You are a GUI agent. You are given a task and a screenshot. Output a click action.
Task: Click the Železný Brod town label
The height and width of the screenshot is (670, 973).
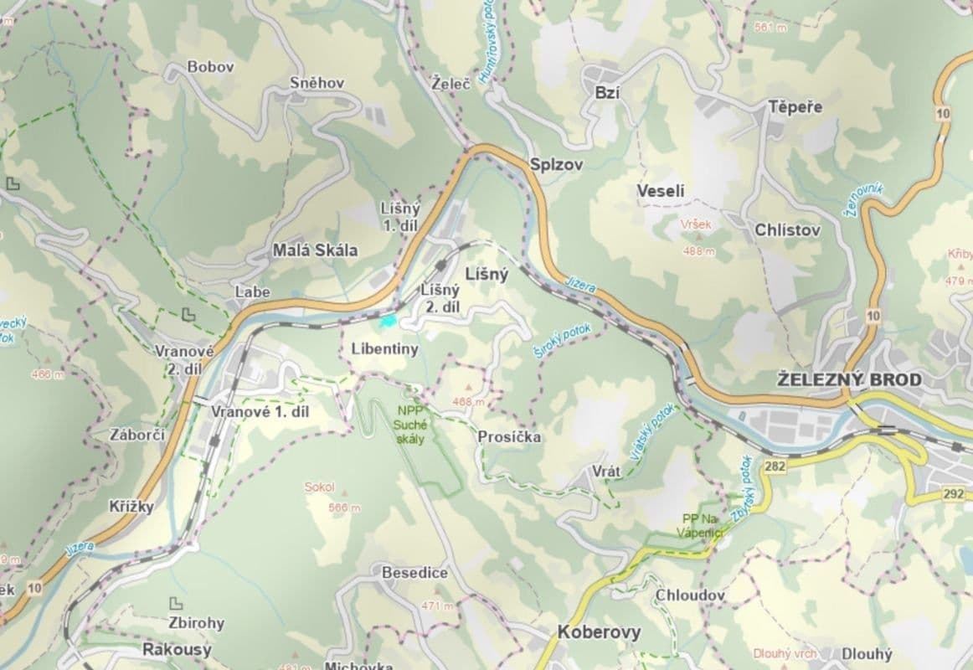pyautogui.click(x=849, y=379)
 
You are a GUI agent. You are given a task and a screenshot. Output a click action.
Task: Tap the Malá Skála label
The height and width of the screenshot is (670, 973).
pyautogui.click(x=315, y=250)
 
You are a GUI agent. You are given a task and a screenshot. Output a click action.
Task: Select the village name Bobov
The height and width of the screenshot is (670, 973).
pyautogui.click(x=210, y=67)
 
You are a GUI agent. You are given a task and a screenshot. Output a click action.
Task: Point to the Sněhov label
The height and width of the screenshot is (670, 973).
pyautogui.click(x=317, y=83)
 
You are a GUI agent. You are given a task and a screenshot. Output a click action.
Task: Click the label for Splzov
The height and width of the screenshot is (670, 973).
pyautogui.click(x=556, y=164)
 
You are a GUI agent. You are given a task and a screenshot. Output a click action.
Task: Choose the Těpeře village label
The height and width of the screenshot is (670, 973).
pyautogui.click(x=795, y=107)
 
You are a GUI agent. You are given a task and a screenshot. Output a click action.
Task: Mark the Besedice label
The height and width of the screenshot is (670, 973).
pyautogui.click(x=414, y=574)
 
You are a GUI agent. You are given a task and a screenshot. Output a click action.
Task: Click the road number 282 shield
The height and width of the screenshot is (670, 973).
pyautogui.click(x=775, y=466)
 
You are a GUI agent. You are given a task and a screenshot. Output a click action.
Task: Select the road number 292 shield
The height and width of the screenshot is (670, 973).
pyautogui.click(x=953, y=494)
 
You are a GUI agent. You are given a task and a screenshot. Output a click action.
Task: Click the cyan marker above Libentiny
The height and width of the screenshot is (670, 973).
pyautogui.click(x=388, y=320)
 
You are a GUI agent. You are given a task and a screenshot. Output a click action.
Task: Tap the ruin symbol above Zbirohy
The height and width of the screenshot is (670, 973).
pyautogui.click(x=176, y=603)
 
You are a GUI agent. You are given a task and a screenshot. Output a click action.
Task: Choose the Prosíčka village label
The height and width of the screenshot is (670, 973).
pyautogui.click(x=509, y=437)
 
